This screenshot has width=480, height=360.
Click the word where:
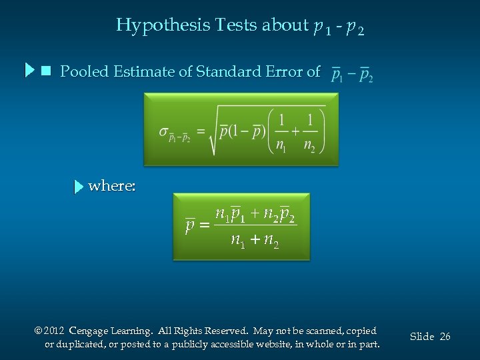tap(112, 186)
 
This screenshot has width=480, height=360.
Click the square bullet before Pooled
tap(46, 70)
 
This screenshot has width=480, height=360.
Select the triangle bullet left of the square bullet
tap(29, 70)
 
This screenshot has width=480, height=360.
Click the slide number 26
tap(445, 337)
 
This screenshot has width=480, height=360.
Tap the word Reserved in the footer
tap(225, 331)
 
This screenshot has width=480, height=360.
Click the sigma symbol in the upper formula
tap(164, 131)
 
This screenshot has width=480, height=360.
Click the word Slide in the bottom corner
tap(421, 337)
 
